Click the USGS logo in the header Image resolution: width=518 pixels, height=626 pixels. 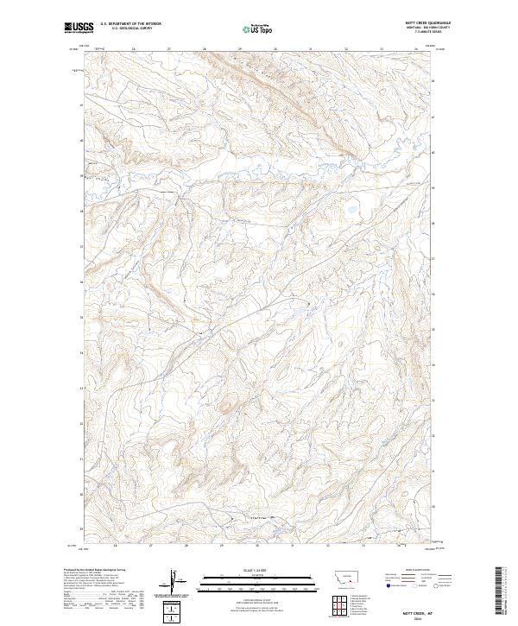coord(78,27)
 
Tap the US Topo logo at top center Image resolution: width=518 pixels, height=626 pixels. coord(258,28)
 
